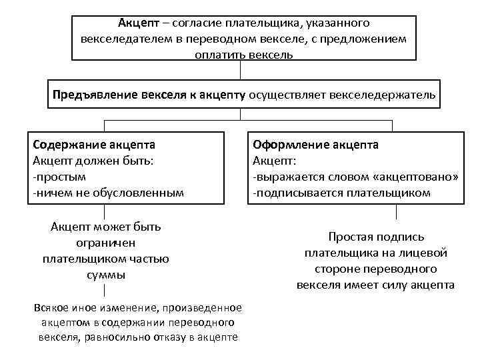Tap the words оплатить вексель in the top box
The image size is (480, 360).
click(244, 53)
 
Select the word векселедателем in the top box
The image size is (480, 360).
click(125, 39)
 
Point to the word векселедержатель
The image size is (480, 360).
click(389, 95)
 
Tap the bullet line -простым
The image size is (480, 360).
click(59, 177)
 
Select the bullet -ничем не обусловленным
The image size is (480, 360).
click(107, 193)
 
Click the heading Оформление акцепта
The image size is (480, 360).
click(315, 144)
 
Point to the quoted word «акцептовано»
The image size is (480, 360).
click(417, 177)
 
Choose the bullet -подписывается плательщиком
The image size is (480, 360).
click(341, 193)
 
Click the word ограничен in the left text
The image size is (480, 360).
click(106, 243)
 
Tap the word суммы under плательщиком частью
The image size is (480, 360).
click(106, 275)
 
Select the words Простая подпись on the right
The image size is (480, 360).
click(376, 237)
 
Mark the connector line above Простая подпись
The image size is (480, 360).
click(396, 213)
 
